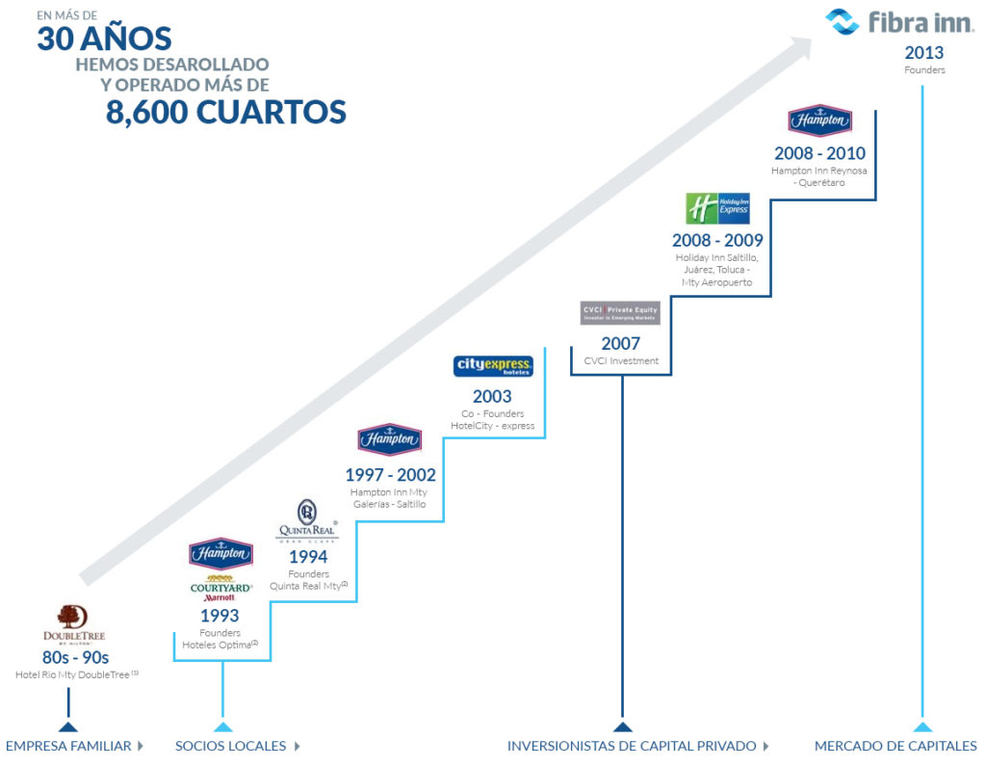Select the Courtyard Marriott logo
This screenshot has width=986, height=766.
pyautogui.click(x=221, y=589)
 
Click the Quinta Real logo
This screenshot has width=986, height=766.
pyautogui.click(x=308, y=522)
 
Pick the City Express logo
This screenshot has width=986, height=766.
pyautogui.click(x=493, y=367)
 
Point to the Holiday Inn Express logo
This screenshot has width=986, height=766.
pyautogui.click(x=716, y=209)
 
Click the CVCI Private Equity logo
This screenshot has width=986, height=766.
pyautogui.click(x=620, y=313)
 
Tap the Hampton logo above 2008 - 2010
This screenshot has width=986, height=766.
pyautogui.click(x=819, y=121)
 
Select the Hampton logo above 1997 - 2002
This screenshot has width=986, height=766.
pyautogui.click(x=389, y=440)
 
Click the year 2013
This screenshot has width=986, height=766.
pyautogui.click(x=923, y=53)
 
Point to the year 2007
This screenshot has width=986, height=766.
pyautogui.click(x=621, y=344)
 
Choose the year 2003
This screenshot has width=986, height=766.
pyautogui.click(x=492, y=397)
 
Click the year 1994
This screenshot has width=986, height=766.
pyautogui.click(x=308, y=557)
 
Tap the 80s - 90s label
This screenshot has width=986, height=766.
pyautogui.click(x=75, y=658)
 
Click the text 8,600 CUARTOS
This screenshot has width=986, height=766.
pyautogui.click(x=225, y=113)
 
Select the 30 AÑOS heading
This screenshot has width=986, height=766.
pyautogui.click(x=104, y=39)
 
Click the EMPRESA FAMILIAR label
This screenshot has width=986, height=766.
pyautogui.click(x=68, y=746)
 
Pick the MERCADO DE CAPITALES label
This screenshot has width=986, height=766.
pyautogui.click(x=895, y=746)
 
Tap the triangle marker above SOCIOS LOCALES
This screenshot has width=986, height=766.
pyautogui.click(x=222, y=726)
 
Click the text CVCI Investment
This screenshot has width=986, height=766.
pyautogui.click(x=621, y=361)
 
